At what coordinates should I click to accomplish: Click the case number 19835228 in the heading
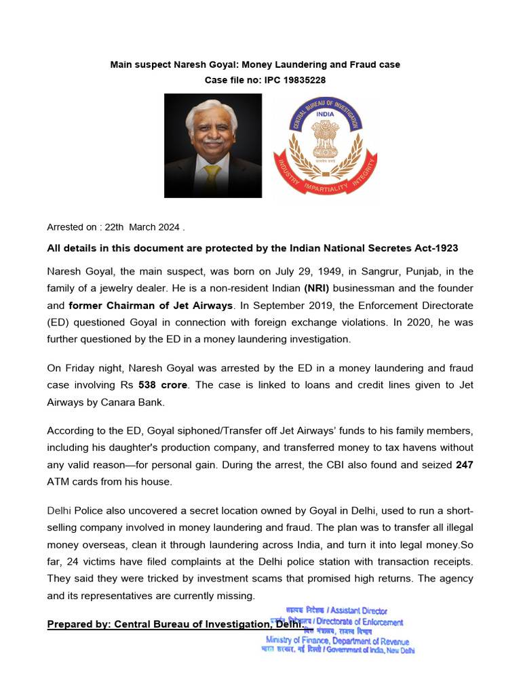299,80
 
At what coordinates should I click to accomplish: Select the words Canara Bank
136,402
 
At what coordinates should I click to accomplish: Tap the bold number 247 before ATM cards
464,465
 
